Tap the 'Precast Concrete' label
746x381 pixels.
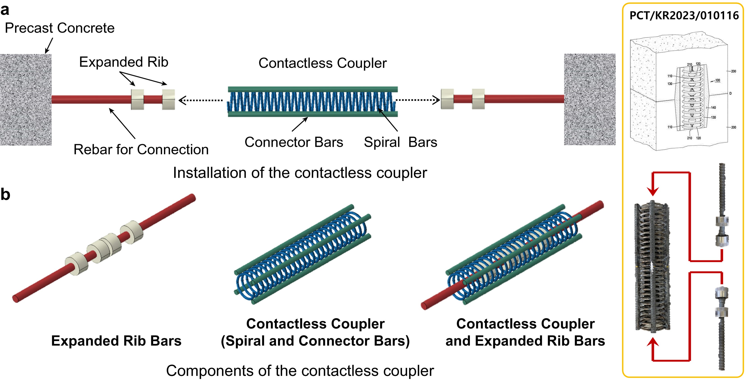pyautogui.click(x=60, y=28)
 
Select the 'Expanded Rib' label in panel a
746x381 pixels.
pyautogui.click(x=124, y=62)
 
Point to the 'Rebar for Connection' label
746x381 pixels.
pyautogui.click(x=141, y=149)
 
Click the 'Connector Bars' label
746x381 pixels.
pyautogui.click(x=294, y=142)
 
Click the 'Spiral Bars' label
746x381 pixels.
pyautogui.click(x=400, y=142)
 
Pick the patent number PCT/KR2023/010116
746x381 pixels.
pyautogui.click(x=684, y=16)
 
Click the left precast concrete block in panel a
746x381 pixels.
pyautogui.click(x=26, y=99)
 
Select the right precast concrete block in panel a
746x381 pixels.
pyautogui.click(x=590, y=99)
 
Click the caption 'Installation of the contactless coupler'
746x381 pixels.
pyautogui.click(x=300, y=173)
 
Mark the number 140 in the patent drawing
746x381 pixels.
pyautogui.click(x=713, y=107)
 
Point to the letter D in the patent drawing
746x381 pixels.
pyautogui.click(x=730, y=93)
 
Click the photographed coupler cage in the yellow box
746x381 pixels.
pyautogui.click(x=652, y=266)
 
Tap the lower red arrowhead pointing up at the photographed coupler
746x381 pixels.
pyautogui.click(x=653, y=343)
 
